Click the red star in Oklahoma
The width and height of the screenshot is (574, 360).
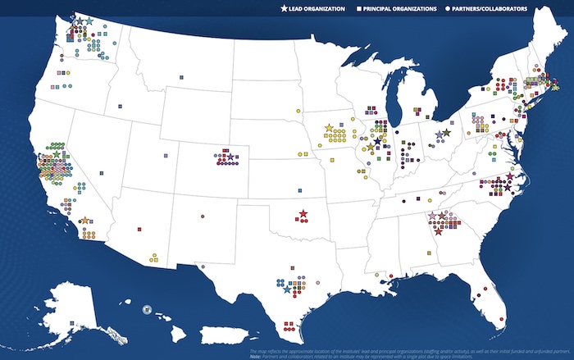[303, 214]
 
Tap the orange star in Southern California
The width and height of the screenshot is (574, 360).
[85, 221]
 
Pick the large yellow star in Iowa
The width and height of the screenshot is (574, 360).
[329, 128]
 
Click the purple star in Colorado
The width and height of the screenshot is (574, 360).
[230, 156]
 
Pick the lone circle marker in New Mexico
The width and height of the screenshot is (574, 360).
[201, 217]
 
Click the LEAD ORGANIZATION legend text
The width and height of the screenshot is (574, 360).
[317, 9]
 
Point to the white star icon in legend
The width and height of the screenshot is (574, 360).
[284, 9]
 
